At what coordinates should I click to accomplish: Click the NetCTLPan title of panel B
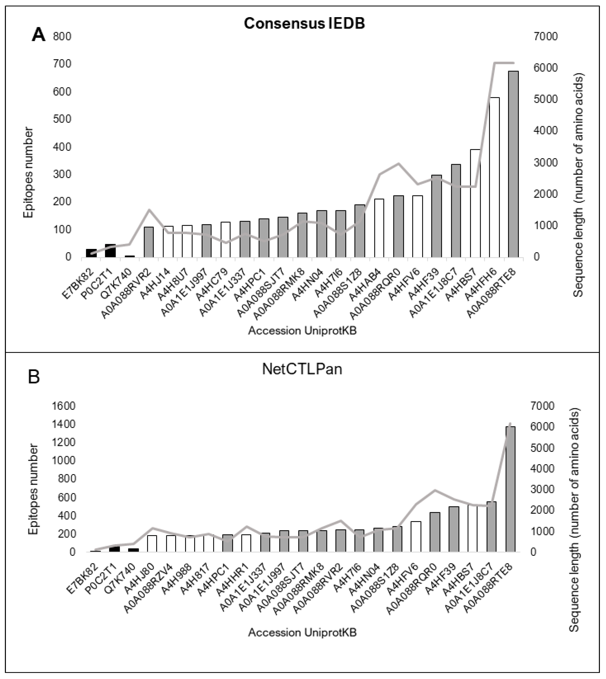tap(302, 369)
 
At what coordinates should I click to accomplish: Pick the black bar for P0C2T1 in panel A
tap(110, 250)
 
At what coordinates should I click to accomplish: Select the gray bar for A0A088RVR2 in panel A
tap(149, 242)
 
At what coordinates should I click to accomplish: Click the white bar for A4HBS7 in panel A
tap(475, 203)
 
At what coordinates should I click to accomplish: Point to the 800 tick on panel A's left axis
tap(62, 36)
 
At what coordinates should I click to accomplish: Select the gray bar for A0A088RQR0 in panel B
tap(435, 532)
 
